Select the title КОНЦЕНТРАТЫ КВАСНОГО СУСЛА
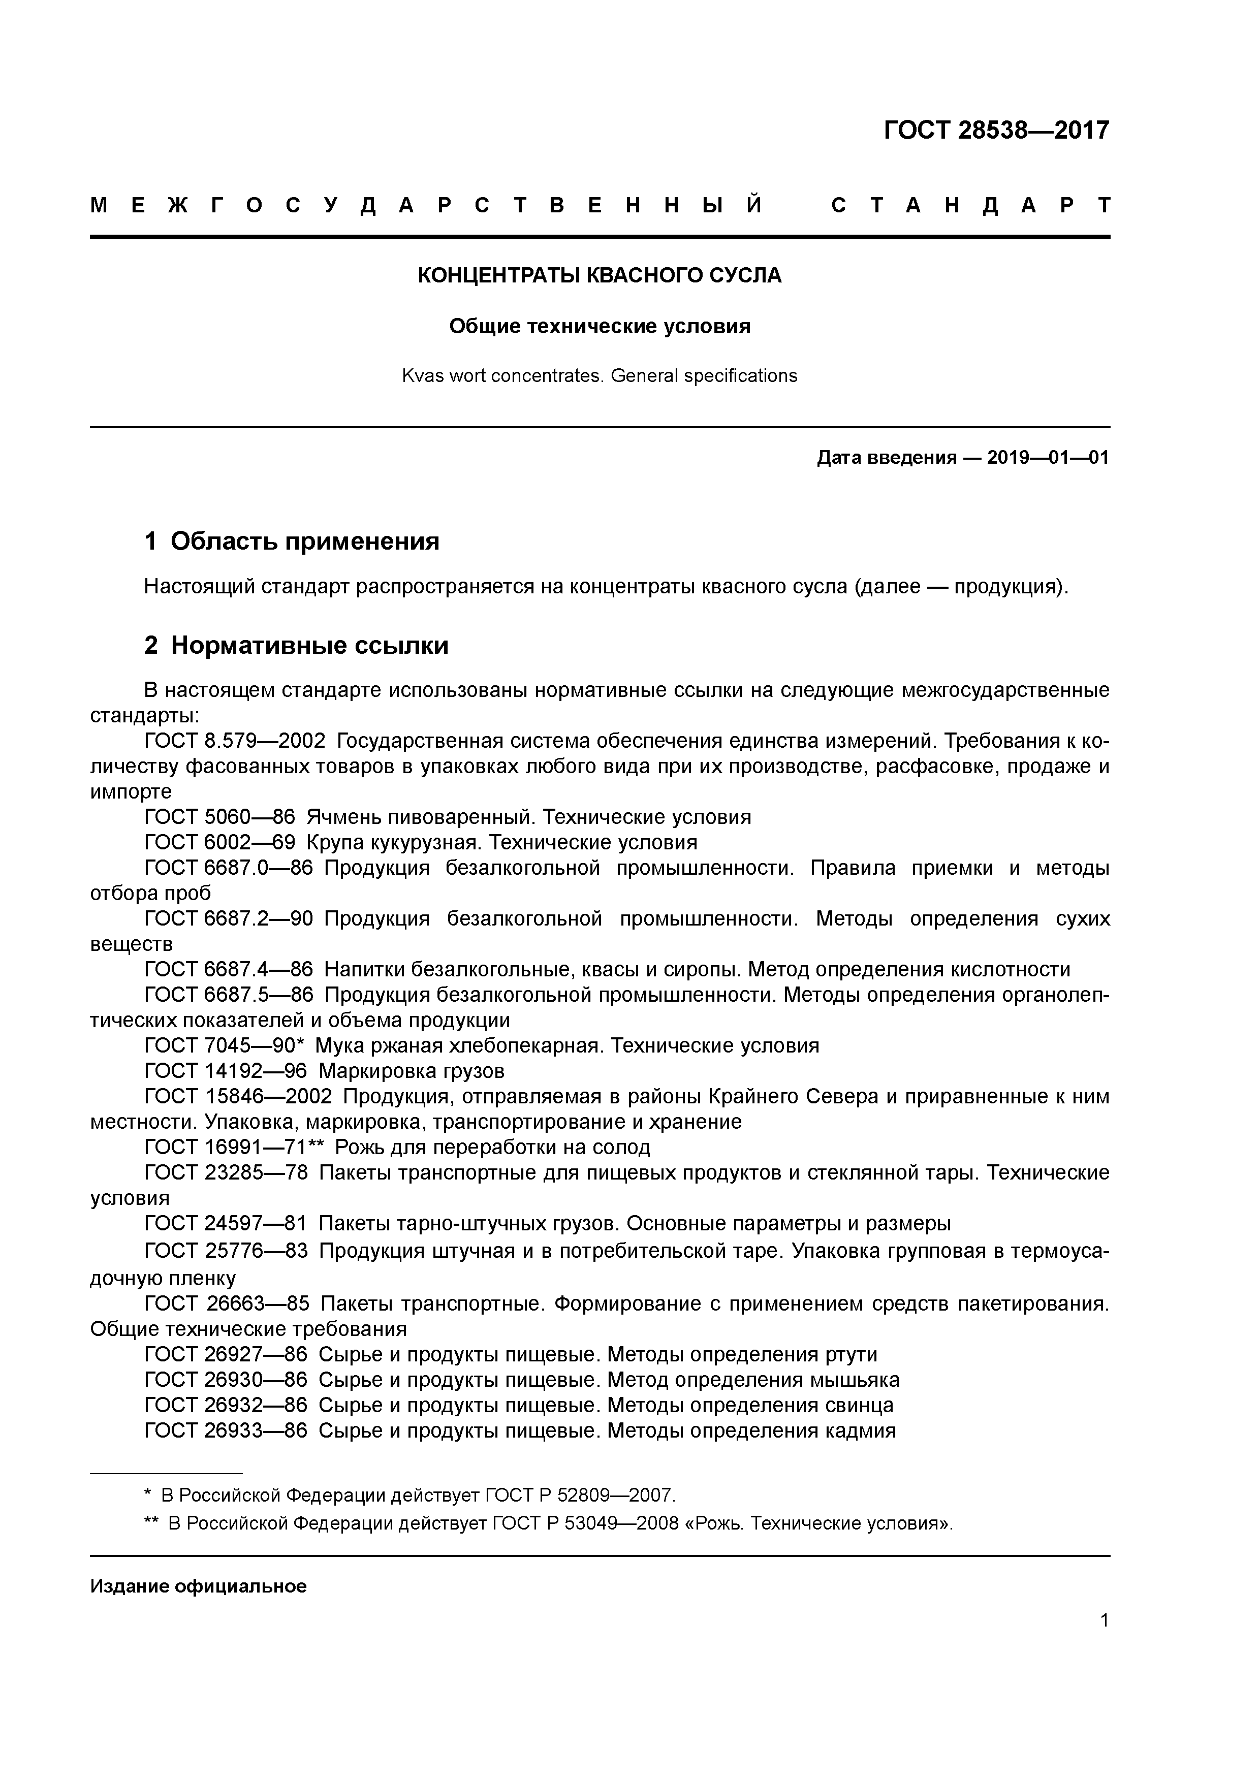600,275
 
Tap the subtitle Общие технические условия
600,326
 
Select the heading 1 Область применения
292,541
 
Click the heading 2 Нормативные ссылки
297,645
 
